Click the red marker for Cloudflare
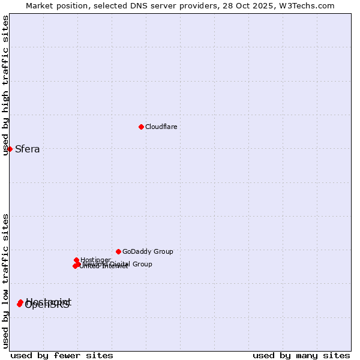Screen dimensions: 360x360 (141, 127)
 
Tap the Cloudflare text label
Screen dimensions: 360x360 (161, 127)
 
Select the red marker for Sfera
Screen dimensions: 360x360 (10, 149)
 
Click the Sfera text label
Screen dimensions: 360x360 (27, 149)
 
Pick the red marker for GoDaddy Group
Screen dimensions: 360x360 (118, 251)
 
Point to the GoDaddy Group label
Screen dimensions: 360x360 (148, 251)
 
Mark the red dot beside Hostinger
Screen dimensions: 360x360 (76, 260)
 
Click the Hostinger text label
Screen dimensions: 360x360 (95, 260)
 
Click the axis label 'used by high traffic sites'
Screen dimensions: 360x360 (5, 85)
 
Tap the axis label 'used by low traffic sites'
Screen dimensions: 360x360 (5, 281)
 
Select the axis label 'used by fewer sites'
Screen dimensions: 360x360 (62, 355)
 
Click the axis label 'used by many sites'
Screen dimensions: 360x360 (301, 355)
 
